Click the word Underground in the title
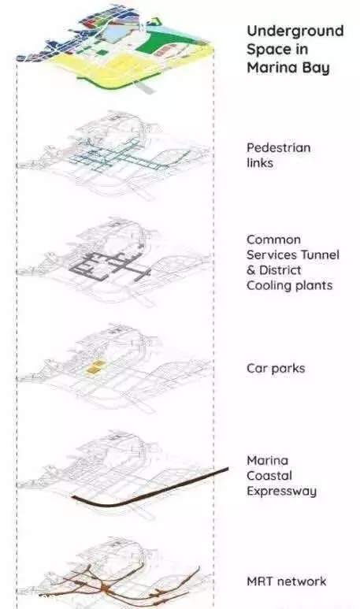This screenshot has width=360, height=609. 295,32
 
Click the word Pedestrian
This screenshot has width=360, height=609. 278,147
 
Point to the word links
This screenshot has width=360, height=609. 260,163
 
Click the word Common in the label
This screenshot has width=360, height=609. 273,240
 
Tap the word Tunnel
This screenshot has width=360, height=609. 320,254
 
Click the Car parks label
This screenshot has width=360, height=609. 276,369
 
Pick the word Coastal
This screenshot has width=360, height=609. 269,476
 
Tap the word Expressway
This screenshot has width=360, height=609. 281,492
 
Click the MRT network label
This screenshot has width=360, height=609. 287,581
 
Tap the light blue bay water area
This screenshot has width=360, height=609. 120,33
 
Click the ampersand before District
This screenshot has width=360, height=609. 251,270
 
